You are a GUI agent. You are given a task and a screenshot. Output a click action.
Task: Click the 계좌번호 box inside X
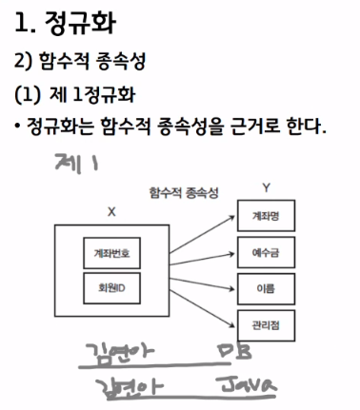[x=111, y=253]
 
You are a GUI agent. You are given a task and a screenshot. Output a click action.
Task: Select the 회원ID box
[x=111, y=288]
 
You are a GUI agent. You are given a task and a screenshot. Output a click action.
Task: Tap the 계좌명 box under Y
[x=266, y=216]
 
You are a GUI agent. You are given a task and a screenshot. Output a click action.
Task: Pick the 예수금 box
[x=266, y=252]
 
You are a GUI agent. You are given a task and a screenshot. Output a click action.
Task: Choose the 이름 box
[x=266, y=289]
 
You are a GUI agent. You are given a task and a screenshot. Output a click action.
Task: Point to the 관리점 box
[x=266, y=325]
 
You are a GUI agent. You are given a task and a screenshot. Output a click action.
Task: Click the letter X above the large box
[x=111, y=212]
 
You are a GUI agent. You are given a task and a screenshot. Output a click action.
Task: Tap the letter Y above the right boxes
[x=266, y=188]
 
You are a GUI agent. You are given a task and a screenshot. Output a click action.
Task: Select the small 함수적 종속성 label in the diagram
[x=184, y=192]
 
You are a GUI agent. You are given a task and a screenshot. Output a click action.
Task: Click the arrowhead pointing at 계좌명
[x=231, y=218]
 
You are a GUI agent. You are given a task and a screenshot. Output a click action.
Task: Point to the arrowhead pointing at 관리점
[x=231, y=325]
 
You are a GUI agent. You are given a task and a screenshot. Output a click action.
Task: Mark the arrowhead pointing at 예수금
[x=231, y=254]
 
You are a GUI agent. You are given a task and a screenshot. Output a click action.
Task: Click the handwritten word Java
[x=248, y=384]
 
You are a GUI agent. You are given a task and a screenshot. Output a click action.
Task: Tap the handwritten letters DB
[x=234, y=351]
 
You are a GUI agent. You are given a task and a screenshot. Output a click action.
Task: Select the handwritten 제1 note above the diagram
[x=76, y=164]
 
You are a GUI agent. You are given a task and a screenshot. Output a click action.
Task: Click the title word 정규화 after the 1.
[x=80, y=23]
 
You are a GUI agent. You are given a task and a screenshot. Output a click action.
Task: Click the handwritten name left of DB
[x=120, y=352]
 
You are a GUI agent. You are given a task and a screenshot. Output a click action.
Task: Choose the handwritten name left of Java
[x=130, y=387]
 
